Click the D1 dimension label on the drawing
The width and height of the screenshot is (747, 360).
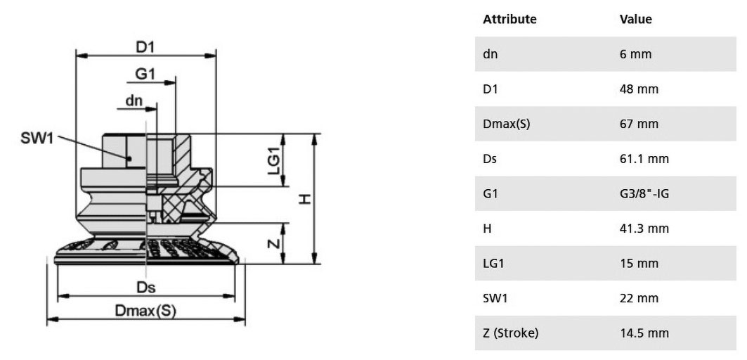tap(146, 46)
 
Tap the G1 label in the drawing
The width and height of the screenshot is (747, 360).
tap(145, 75)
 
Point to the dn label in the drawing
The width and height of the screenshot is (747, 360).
tap(134, 101)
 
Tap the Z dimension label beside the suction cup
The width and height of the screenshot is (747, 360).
tap(273, 243)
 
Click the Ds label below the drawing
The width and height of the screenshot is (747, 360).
tap(146, 288)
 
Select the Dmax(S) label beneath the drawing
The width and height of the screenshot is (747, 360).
tap(145, 311)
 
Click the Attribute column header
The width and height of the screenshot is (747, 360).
tap(509, 19)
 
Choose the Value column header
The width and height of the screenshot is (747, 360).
tap(635, 19)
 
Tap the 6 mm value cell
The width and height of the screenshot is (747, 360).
tap(635, 54)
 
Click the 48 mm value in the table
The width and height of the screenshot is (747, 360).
tap(639, 89)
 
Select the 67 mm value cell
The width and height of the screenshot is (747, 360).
tap(639, 124)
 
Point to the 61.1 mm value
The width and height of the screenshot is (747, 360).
tap(644, 159)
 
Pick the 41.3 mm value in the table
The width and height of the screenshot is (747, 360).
tap(644, 229)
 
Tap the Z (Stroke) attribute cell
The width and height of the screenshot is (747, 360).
tap(510, 333)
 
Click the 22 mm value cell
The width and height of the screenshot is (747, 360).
tap(639, 299)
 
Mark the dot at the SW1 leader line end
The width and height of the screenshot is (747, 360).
tap(129, 157)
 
